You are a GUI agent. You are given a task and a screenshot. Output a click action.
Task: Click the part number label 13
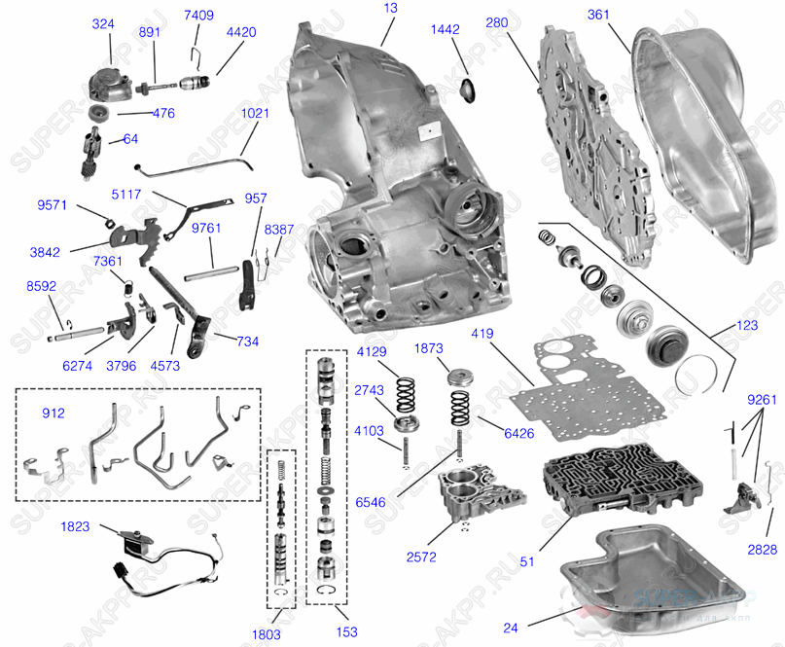[391, 8]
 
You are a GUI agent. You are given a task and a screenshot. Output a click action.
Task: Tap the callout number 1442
[445, 30]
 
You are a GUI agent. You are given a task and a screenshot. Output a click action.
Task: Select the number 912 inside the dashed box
[54, 413]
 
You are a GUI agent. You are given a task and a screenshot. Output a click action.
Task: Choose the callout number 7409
[198, 16]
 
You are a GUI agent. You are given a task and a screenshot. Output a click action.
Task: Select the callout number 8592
[42, 287]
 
